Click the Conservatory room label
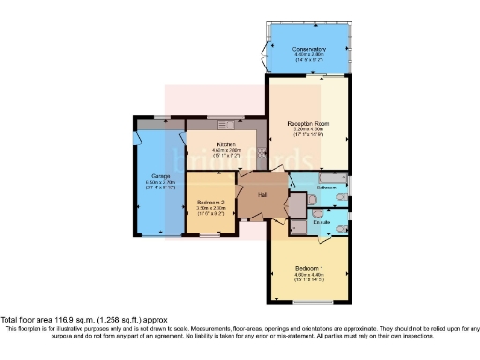pyautogui.click(x=309, y=49)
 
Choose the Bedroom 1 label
pyautogui.click(x=309, y=269)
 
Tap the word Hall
pyautogui.click(x=263, y=194)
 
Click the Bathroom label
pyautogui.click(x=325, y=187)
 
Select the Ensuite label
pyautogui.click(x=322, y=221)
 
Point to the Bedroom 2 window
pyautogui.click(x=205, y=237)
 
